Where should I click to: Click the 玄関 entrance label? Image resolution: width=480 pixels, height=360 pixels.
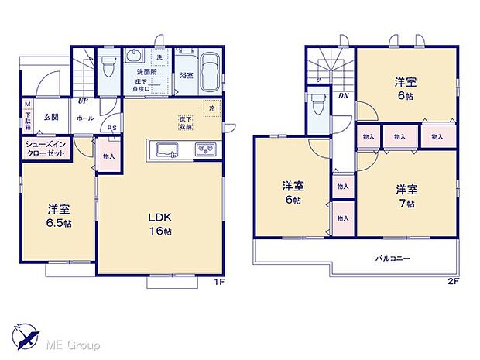pyautogui.click(x=51, y=118)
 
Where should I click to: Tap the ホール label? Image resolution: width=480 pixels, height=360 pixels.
pyautogui.click(x=85, y=118)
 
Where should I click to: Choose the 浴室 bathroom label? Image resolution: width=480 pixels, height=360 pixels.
pyautogui.click(x=187, y=76)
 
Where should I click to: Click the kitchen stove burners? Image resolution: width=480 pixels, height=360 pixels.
pyautogui.click(x=207, y=149)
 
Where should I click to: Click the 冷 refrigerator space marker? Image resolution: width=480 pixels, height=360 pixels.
pyautogui.click(x=212, y=108)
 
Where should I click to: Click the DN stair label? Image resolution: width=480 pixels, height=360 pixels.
pyautogui.click(x=344, y=97)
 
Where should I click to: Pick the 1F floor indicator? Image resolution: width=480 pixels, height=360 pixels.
pyautogui.click(x=220, y=281)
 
